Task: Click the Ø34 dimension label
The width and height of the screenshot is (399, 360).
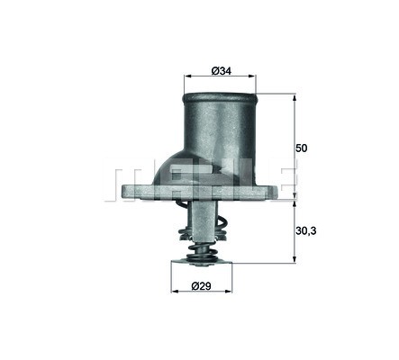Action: point(222,71)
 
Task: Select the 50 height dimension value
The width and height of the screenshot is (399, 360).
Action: point(302,148)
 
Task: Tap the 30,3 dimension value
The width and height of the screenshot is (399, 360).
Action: point(306,230)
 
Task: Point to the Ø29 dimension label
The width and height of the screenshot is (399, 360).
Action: point(201,286)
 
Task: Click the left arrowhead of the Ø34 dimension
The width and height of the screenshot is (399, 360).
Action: point(187,76)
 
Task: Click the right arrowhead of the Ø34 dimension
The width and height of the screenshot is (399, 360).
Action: point(252,76)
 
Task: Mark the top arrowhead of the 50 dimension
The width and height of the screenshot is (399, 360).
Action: point(295,97)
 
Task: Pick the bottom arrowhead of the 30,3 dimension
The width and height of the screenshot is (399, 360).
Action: point(295,260)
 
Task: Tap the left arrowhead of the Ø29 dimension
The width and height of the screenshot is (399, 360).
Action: point(174,291)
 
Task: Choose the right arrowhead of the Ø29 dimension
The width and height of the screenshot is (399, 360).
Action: point(229,291)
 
